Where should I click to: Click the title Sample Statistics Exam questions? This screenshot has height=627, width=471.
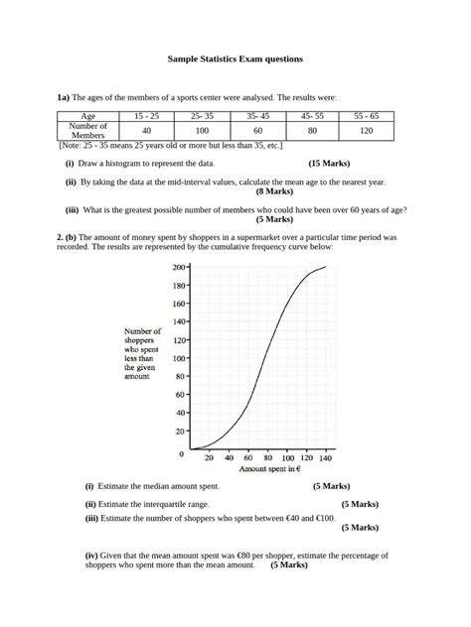click(x=235, y=60)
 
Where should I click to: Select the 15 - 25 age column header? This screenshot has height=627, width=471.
click(x=146, y=116)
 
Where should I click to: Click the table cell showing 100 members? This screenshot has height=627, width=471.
click(x=202, y=130)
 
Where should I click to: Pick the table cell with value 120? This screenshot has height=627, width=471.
click(x=367, y=130)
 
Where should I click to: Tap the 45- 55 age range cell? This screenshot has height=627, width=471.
click(x=312, y=116)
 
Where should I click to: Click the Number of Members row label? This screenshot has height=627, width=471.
click(x=87, y=130)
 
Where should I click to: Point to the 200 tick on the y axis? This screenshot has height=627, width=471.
click(x=179, y=267)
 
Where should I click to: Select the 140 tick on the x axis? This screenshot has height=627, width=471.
click(x=325, y=458)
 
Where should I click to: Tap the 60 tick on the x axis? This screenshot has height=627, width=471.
click(x=247, y=458)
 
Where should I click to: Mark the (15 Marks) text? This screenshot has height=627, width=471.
click(x=329, y=163)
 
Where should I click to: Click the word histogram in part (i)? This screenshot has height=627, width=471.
click(x=138, y=163)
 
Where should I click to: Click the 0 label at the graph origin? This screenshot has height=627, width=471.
click(x=181, y=453)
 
